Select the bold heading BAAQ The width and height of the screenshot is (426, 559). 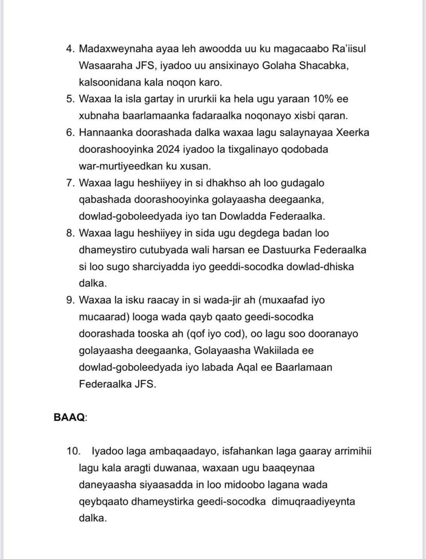tap(69, 418)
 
